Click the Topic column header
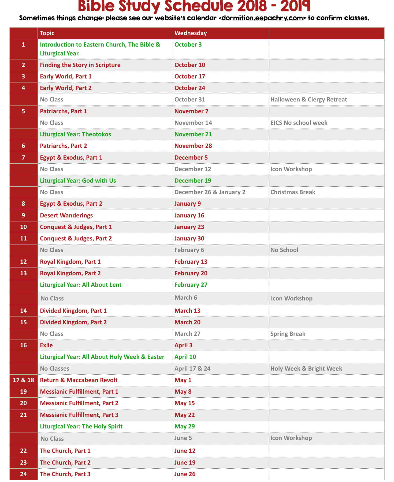47,33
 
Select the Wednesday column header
191,33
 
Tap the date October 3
188,45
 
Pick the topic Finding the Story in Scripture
80,65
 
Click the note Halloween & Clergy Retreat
308,100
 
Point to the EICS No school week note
299,123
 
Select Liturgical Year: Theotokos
75,134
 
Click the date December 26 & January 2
210,192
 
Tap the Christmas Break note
293,192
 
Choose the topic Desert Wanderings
66,216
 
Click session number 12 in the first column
24,262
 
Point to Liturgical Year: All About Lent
81,285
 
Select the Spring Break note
288,334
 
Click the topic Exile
46,345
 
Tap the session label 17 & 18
24,380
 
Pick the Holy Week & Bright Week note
306,369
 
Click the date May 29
185,427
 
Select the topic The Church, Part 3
65,474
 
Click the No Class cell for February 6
51,250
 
